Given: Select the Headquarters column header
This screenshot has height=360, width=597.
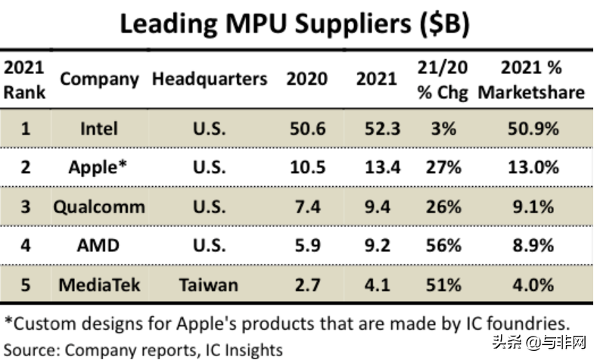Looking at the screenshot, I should pos(210,79).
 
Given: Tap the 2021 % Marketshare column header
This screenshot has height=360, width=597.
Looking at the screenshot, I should pos(531,79).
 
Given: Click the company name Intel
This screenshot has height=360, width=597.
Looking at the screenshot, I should pos(99,129).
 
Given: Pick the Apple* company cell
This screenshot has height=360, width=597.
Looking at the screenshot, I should pos(99,167).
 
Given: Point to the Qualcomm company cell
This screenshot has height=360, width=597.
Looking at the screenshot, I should pos(99,206).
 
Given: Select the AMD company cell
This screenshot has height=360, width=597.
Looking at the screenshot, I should pos(99,245).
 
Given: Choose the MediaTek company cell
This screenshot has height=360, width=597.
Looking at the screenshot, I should pos(99,284).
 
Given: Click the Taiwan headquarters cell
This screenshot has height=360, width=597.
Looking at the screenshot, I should pos(209,284).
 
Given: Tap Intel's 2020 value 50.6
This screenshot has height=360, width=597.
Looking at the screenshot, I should pos(306,129).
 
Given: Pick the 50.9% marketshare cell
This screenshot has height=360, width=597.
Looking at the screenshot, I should pos(532,129).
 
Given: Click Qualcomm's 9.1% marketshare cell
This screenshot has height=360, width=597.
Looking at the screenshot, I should pos(532,206).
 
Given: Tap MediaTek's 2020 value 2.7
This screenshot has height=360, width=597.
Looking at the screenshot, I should pos(306,284).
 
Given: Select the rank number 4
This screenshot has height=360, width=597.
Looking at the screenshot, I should pos(25,245).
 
